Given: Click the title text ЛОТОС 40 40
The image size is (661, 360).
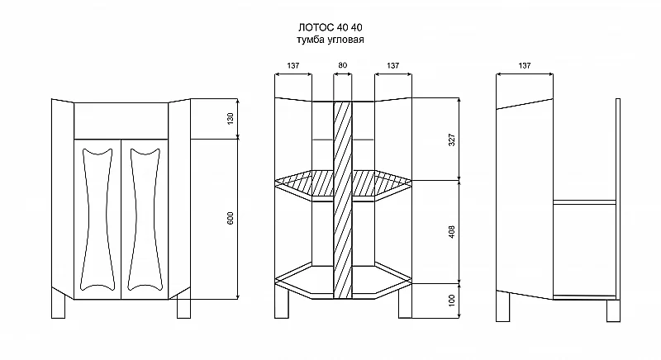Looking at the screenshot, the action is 330,27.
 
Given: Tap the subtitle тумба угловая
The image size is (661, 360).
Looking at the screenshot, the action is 330,40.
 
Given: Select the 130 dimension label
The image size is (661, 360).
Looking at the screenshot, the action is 231,118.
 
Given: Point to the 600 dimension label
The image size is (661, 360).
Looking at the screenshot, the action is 231,218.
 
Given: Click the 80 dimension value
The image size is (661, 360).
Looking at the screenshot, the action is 342,65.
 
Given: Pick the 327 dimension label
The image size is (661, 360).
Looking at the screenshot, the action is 451,140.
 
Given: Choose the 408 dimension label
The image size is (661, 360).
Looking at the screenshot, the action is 451,232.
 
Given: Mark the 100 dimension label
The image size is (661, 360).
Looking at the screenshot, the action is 451,301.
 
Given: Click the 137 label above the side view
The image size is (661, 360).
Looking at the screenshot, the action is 525,66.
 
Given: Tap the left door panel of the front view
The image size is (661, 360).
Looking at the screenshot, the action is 97,220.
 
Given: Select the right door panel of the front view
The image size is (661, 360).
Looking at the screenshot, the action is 145,220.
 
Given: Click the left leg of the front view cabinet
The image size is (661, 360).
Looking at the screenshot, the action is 58,303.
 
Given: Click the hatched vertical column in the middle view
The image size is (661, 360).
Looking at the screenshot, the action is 342,200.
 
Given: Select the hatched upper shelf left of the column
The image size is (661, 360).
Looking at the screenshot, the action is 304,183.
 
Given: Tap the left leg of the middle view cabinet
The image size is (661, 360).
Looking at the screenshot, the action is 282,302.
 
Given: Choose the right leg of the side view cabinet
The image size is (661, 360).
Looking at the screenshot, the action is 613,310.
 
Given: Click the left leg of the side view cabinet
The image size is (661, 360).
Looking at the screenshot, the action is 503,306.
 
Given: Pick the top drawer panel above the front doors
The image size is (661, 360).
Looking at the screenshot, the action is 121,121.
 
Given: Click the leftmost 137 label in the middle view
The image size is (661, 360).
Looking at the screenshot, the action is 293,66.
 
